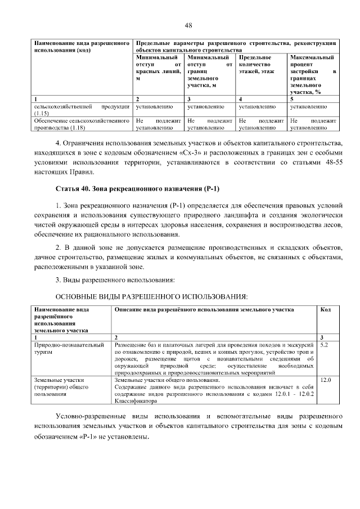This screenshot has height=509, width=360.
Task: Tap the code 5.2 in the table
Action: pos(324,344)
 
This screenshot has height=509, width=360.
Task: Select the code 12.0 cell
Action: pos(325,381)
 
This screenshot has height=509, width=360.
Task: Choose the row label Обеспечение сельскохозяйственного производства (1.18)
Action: pos(82,124)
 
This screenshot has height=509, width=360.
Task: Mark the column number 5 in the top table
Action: pos(291,99)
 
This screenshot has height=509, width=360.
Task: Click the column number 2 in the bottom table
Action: pos(116,337)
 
